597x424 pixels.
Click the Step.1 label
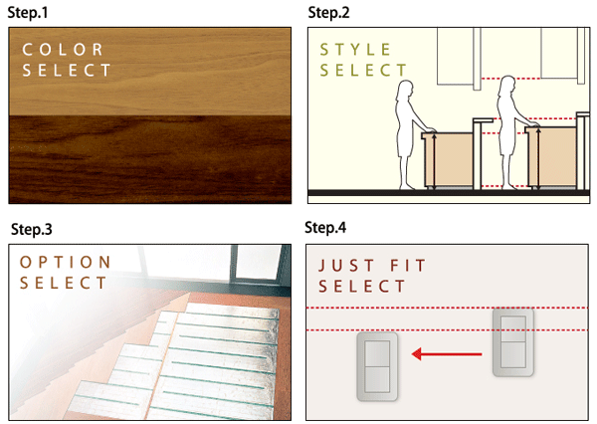pos(31,12)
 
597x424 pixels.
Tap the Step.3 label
pos(32,229)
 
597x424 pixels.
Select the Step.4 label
pos(327,229)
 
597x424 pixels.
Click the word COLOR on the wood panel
pos(61,48)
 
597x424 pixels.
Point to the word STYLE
pos(355,48)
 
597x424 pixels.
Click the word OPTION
pos(66,262)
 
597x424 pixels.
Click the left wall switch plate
pos(377,364)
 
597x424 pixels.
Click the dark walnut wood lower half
pos(149,159)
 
